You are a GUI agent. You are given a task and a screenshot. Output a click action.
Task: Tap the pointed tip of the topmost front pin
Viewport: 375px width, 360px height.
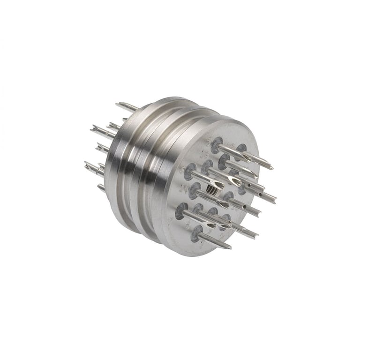pos(271,166)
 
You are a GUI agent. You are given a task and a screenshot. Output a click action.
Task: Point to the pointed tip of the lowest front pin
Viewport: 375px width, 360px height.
pos(229,247)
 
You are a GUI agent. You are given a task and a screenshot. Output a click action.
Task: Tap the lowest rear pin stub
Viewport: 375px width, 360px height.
pos(101,187)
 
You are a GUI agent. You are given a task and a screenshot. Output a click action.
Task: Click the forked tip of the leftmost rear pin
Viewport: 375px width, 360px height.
pos(87,165)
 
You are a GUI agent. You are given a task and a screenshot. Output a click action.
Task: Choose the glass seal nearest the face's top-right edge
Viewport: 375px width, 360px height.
pos(241,149)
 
